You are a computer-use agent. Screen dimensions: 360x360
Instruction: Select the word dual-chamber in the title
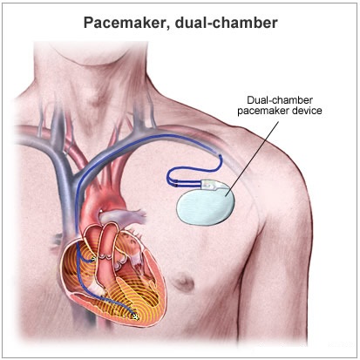(x=226, y=23)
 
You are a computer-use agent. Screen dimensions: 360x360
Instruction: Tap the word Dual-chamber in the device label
(x=280, y=100)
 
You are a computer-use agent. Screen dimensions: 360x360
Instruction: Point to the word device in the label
(x=304, y=111)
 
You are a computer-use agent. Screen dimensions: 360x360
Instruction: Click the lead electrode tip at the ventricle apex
(x=135, y=317)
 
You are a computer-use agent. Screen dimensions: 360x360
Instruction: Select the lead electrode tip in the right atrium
(x=93, y=259)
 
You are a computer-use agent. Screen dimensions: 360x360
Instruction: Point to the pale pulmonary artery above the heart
(x=122, y=215)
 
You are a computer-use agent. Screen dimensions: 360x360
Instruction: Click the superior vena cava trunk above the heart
(x=67, y=186)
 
